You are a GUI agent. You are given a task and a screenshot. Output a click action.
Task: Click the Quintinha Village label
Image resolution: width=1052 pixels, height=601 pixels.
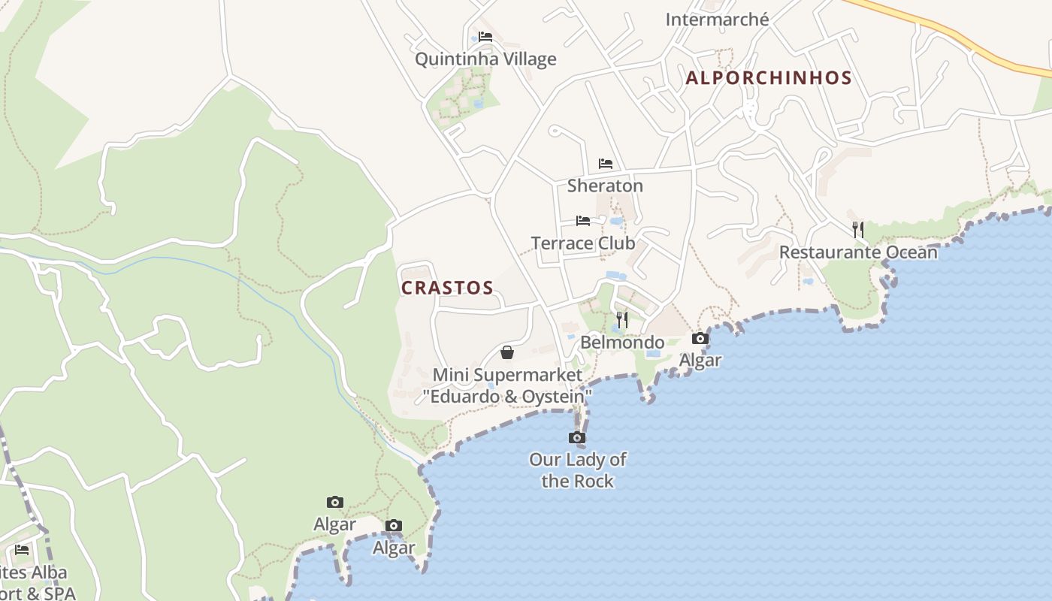pyautogui.click(x=485, y=59)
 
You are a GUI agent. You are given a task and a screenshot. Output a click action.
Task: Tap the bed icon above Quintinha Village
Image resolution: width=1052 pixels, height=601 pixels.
pyautogui.click(x=485, y=36)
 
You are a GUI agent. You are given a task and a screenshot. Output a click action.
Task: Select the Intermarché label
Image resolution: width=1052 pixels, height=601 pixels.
pyautogui.click(x=717, y=20)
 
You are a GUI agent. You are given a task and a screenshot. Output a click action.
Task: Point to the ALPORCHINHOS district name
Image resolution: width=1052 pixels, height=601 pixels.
pyautogui.click(x=769, y=78)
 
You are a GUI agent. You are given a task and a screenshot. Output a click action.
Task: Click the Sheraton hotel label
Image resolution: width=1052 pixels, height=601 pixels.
pyautogui.click(x=605, y=186)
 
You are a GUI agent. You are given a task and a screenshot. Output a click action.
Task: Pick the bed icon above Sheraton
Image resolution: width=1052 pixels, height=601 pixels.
pyautogui.click(x=606, y=164)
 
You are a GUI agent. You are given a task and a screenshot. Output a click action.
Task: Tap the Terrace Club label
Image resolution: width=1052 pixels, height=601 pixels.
pyautogui.click(x=583, y=243)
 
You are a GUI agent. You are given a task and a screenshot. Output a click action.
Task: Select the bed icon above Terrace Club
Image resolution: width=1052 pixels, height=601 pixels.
pyautogui.click(x=583, y=221)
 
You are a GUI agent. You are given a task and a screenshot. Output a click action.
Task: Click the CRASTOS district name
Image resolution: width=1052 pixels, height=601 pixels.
pyautogui.click(x=447, y=288)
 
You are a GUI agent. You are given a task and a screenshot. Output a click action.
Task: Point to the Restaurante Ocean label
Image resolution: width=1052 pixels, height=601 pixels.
pyautogui.click(x=858, y=252)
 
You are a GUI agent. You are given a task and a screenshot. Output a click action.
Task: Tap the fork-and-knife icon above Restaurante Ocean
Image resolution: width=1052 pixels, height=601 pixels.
pyautogui.click(x=858, y=229)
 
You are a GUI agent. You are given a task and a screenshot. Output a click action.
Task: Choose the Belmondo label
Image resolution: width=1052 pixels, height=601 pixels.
pyautogui.click(x=622, y=343)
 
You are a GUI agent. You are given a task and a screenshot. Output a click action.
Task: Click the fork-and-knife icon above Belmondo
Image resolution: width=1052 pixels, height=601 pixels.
pyautogui.click(x=621, y=320)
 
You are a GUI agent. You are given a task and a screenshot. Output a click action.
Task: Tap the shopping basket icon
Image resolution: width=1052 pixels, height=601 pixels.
pyautogui.click(x=507, y=352)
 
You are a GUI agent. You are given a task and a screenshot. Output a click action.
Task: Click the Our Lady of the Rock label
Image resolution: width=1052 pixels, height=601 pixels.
pyautogui.click(x=577, y=470)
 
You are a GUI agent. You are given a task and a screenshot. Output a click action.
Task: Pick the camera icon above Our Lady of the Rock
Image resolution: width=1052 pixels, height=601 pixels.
pyautogui.click(x=577, y=437)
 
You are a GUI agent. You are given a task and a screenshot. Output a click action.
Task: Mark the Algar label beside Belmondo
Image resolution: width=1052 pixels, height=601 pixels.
pyautogui.click(x=700, y=361)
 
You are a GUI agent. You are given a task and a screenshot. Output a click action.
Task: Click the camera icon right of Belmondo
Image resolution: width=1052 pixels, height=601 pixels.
pyautogui.click(x=700, y=339)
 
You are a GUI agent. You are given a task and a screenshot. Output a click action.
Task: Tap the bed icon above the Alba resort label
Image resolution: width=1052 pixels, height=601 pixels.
pyautogui.click(x=22, y=550)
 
